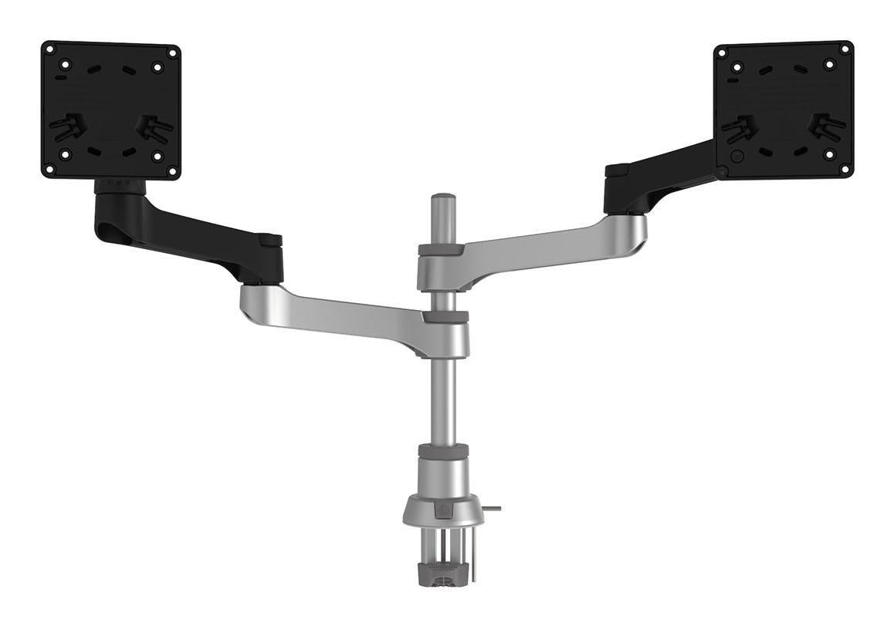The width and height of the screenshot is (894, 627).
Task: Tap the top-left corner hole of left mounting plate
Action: (x=50, y=49)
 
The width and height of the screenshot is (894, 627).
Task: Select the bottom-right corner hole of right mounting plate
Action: (x=845, y=168)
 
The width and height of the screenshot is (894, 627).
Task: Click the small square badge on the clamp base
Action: (x=442, y=510)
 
